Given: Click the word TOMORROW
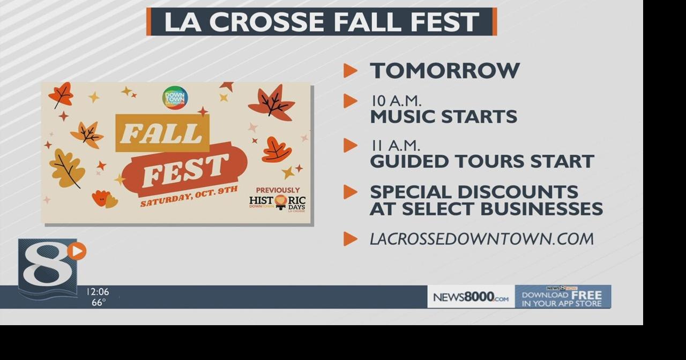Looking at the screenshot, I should pyautogui.click(x=445, y=71).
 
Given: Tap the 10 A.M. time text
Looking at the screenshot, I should pyautogui.click(x=396, y=101).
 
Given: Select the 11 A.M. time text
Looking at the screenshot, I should pyautogui.click(x=395, y=146).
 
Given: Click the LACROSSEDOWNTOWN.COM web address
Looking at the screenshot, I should pyautogui.click(x=481, y=239).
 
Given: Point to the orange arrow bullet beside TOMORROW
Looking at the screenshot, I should pyautogui.click(x=350, y=70).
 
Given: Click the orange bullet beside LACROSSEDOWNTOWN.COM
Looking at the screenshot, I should pyautogui.click(x=350, y=239).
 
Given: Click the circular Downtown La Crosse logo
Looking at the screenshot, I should pyautogui.click(x=175, y=97).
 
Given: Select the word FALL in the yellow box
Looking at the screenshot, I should pyautogui.click(x=162, y=133).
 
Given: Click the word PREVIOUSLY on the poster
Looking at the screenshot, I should pyautogui.click(x=278, y=190).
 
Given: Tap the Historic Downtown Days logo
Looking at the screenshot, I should pyautogui.click(x=277, y=203).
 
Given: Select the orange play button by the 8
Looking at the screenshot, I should pyautogui.click(x=78, y=251).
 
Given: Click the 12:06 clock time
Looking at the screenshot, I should pyautogui.click(x=98, y=292).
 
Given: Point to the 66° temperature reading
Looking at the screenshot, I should pyautogui.click(x=98, y=303).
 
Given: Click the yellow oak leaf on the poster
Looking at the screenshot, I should pyautogui.click(x=67, y=168).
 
